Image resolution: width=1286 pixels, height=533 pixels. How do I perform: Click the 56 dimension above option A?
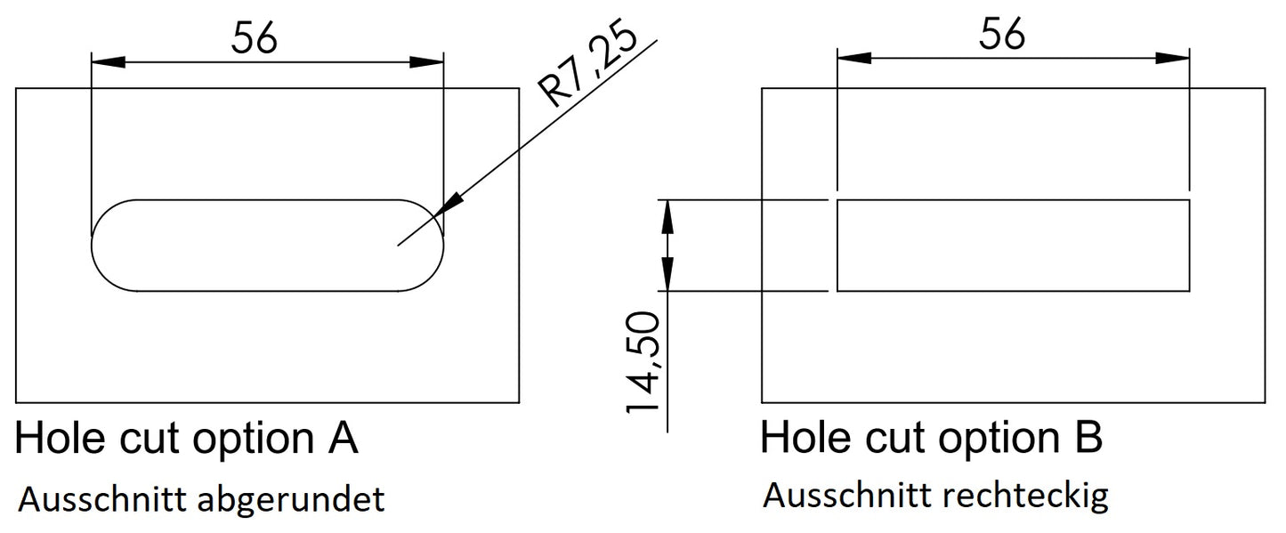[x=255, y=37]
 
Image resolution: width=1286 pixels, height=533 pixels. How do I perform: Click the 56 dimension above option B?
[x=1002, y=35]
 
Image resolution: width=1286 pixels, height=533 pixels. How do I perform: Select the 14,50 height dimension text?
[x=643, y=362]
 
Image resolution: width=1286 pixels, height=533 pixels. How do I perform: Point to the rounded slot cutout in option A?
[x=267, y=245]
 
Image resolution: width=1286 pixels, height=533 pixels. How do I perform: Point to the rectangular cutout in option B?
[x=1013, y=246]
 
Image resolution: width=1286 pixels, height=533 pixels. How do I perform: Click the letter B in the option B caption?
[x=1088, y=438]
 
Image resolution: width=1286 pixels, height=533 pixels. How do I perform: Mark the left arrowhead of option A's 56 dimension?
[x=108, y=61]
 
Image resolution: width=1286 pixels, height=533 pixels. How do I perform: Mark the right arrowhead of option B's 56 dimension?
[x=1174, y=57]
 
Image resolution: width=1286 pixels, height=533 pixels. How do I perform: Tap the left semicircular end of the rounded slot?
[x=105, y=245]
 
